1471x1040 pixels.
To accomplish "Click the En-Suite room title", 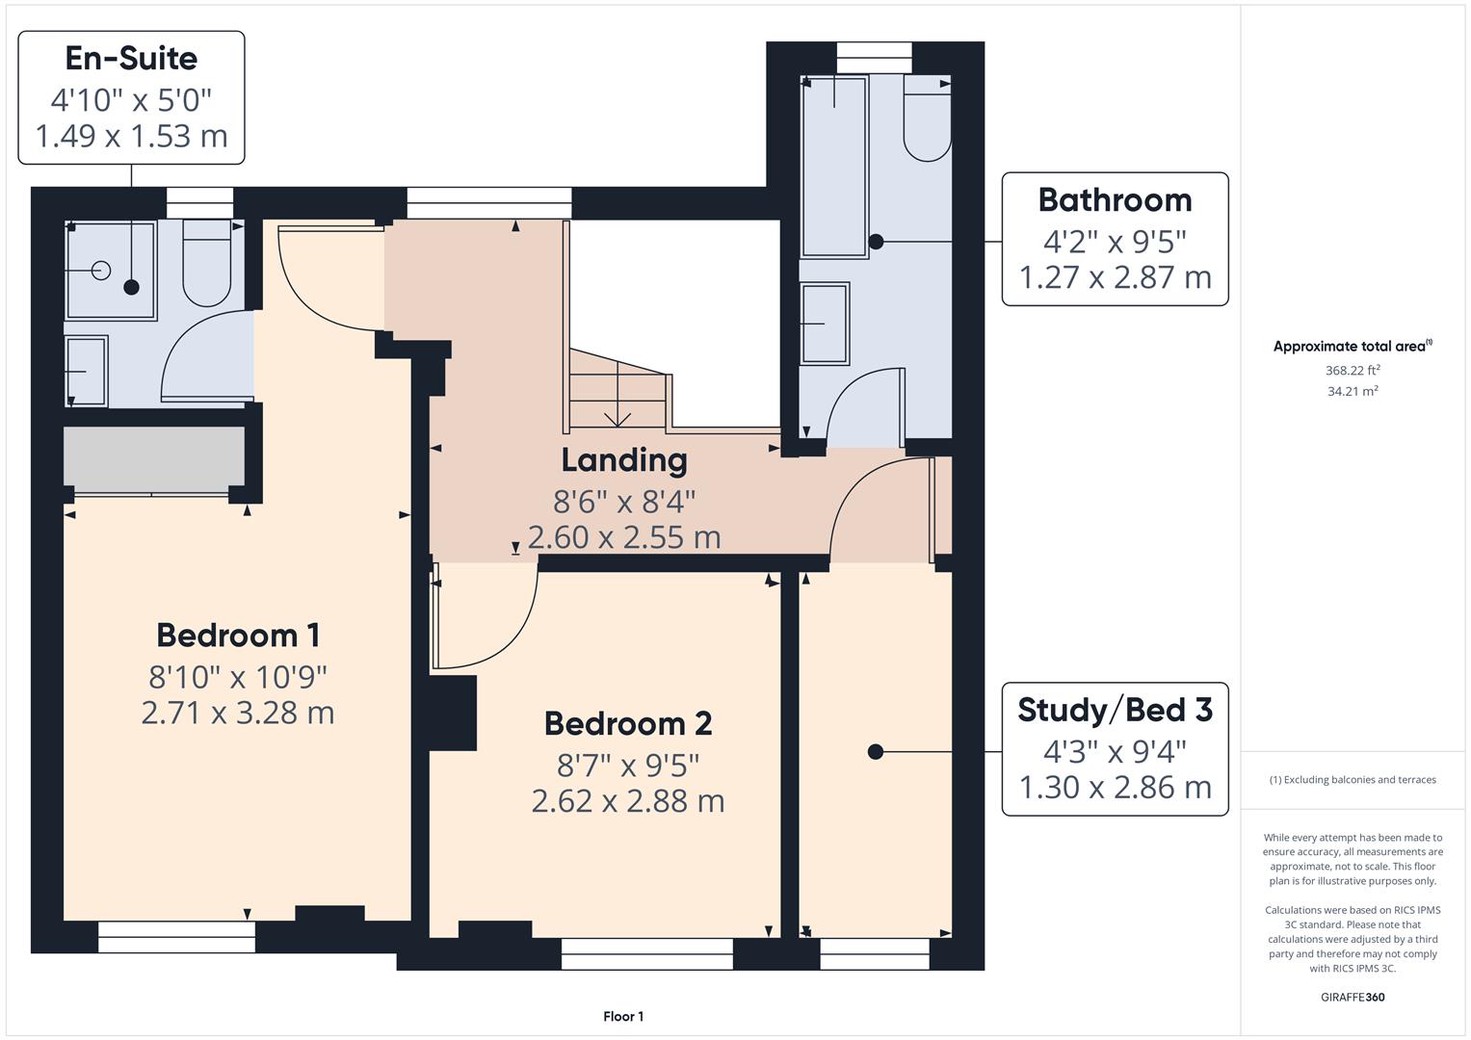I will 131,59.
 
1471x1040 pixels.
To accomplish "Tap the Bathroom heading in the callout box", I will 1115,200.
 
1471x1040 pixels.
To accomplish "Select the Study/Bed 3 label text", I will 1115,711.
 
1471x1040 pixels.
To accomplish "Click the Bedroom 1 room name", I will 238,636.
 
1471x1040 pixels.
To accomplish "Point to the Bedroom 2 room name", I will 627,723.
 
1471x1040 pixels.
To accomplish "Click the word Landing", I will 624,460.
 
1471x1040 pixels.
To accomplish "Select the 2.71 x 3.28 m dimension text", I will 238,714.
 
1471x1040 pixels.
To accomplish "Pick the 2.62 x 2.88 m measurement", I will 627,801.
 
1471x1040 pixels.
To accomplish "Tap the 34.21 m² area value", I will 1352,391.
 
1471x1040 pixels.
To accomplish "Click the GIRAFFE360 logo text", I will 1352,997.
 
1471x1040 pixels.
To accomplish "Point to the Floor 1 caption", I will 623,1017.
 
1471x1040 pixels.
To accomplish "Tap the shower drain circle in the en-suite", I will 102,271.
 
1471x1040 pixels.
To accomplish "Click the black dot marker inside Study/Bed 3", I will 875,752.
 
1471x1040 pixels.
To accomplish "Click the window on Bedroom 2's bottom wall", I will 646,953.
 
